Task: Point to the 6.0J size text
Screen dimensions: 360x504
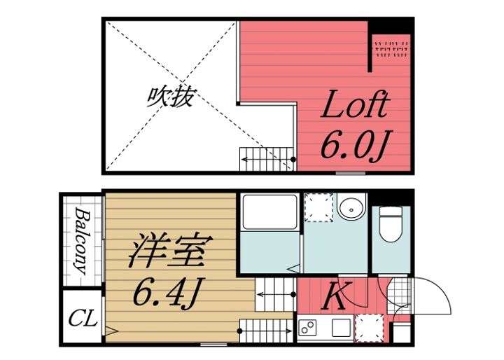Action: (x=353, y=145)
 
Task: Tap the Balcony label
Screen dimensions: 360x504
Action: (x=83, y=240)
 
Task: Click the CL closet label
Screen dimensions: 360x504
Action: (x=82, y=320)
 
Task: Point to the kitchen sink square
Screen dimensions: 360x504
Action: (x=341, y=326)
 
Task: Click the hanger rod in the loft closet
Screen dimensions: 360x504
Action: (x=392, y=48)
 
